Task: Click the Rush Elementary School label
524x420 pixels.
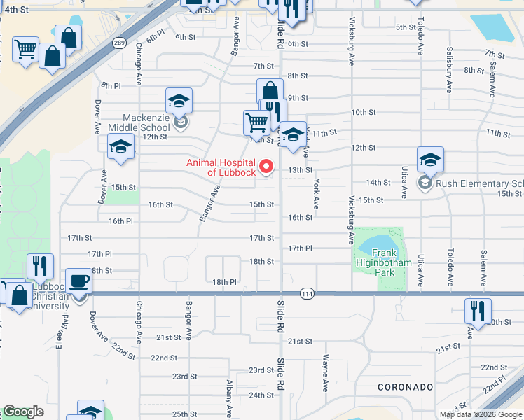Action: tap(479, 183)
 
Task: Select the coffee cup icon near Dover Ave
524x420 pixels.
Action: tap(78, 281)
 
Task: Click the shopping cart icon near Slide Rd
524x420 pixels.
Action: tap(256, 122)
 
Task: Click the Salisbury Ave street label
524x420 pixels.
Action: tap(448, 71)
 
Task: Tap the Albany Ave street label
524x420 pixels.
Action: tap(230, 400)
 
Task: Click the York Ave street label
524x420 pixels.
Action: tap(317, 193)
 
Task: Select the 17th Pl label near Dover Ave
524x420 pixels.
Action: tap(99, 253)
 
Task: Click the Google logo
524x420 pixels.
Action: tap(23, 412)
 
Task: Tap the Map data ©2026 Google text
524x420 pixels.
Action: tap(481, 414)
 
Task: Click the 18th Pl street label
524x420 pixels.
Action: tap(225, 281)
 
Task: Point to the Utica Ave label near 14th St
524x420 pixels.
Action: tap(404, 182)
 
